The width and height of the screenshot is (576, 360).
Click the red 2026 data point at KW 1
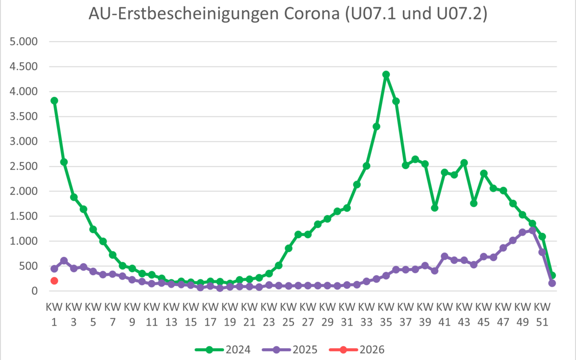click(54, 281)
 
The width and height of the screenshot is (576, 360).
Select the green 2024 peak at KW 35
click(386, 74)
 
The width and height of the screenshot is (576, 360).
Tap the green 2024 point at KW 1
click(54, 100)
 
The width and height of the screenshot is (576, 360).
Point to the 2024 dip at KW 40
click(435, 207)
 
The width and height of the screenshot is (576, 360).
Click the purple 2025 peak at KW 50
click(532, 230)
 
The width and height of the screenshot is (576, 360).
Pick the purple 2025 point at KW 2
click(64, 260)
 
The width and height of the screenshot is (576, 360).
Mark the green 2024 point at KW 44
click(474, 203)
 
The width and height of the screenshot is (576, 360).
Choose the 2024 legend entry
click(223, 349)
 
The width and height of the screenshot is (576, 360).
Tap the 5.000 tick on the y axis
click(24, 42)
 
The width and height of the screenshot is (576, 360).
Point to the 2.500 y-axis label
click(24, 167)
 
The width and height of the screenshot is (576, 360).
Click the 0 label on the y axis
click(34, 291)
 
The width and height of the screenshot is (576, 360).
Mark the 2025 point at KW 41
click(444, 256)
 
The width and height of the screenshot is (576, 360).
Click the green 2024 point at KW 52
click(552, 276)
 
